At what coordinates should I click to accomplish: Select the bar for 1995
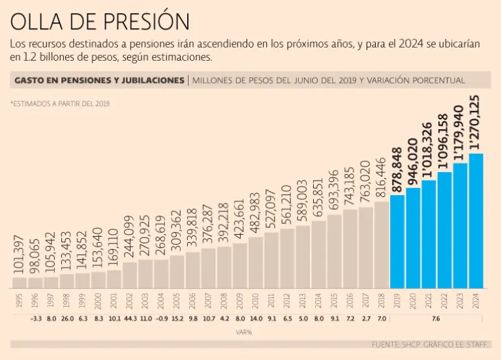pyautogui.click(x=20, y=282)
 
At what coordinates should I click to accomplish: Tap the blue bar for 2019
pyautogui.click(x=397, y=241)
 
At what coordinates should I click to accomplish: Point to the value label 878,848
pyautogui.click(x=397, y=170)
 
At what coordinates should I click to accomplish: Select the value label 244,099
pyautogui.click(x=130, y=237)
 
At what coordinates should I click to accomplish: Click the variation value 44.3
pyautogui.click(x=130, y=319)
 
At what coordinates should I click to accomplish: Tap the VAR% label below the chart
pyautogui.click(x=245, y=332)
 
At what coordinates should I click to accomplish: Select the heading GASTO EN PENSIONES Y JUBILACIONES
pyautogui.click(x=99, y=80)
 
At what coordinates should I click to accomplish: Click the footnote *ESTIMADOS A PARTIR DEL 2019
pyautogui.click(x=60, y=103)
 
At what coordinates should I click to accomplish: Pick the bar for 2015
pyautogui.click(x=334, y=251)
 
